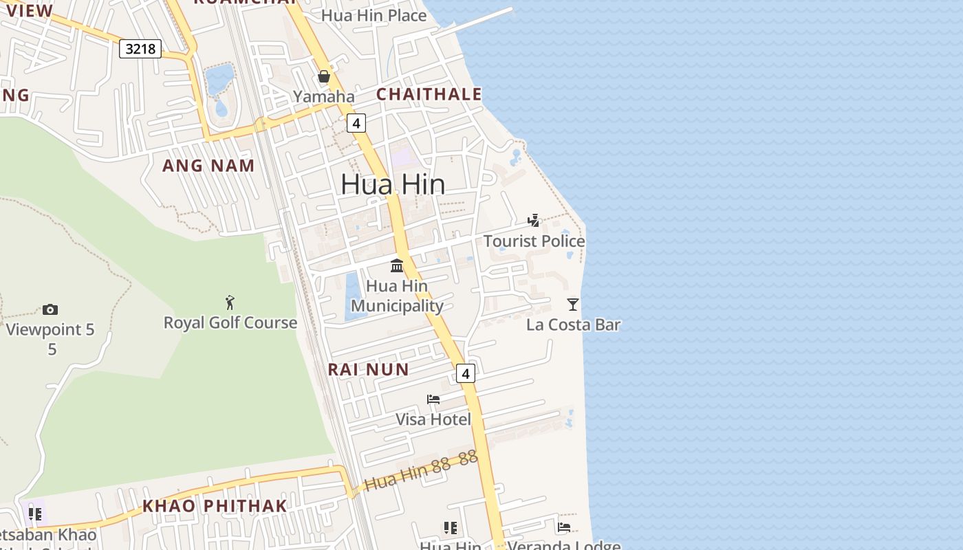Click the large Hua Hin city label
[x=393, y=184]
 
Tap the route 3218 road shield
[x=140, y=49]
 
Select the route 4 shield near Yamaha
[x=356, y=123]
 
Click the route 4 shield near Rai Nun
[x=466, y=374]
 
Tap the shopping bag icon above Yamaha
[x=324, y=76]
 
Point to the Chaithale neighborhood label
[x=429, y=94]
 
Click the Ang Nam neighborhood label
[x=208, y=165]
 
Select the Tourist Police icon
[x=534, y=221]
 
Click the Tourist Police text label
[x=534, y=241]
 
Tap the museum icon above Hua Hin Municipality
[x=397, y=265]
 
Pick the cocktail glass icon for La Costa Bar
[x=573, y=304]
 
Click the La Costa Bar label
[x=573, y=324]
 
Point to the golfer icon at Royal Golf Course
[x=230, y=302]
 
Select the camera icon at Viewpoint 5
[x=50, y=309]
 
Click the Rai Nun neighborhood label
[x=368, y=369]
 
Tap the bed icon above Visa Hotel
[x=433, y=399]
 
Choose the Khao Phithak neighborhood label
[x=214, y=506]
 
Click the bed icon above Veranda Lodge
[x=564, y=527]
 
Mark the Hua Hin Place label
[x=374, y=15]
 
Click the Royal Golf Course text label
[x=230, y=322]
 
